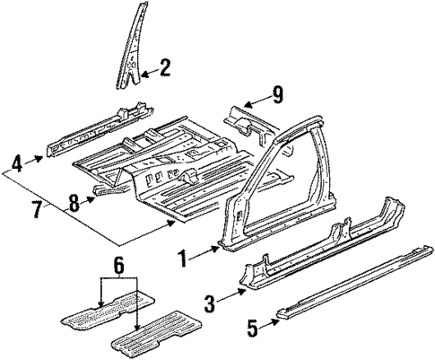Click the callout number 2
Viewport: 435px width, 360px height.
pyautogui.click(x=165, y=66)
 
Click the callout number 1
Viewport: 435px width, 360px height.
pyautogui.click(x=182, y=261)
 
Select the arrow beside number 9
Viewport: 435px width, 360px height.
pyautogui.click(x=258, y=98)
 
